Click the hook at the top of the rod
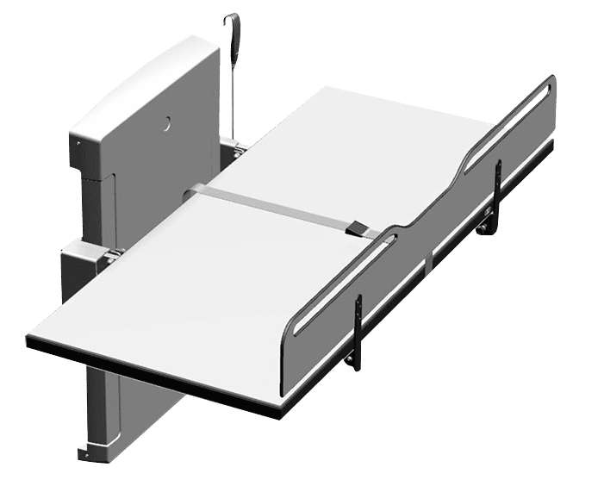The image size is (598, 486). pos(229,22)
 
